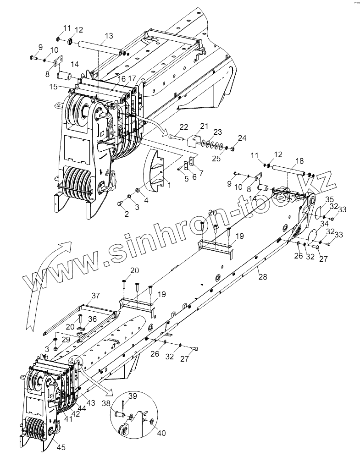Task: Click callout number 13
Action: pyautogui.click(x=109, y=36)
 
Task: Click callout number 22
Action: pyautogui.click(x=184, y=126)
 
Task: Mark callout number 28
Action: pyautogui.click(x=262, y=276)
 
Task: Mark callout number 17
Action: pyautogui.click(x=132, y=78)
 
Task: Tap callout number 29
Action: pyautogui.click(x=66, y=339)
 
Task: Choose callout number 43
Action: pyautogui.click(x=90, y=403)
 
